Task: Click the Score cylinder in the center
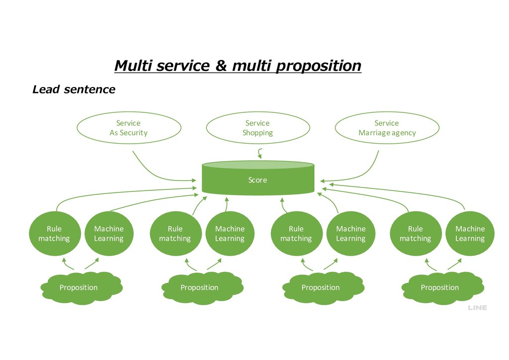(258, 178)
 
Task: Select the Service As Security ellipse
(129, 128)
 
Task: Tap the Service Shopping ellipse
(258, 128)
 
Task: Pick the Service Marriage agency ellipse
(387, 128)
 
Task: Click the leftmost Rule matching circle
(55, 233)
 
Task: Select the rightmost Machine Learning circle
(470, 233)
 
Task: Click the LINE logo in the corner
(477, 307)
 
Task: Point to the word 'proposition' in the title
(319, 66)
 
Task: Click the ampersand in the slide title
(221, 65)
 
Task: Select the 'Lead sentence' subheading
(74, 90)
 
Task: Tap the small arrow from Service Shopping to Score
(259, 153)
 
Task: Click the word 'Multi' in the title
(133, 65)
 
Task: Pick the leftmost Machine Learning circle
(109, 233)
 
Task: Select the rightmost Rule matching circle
(416, 233)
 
